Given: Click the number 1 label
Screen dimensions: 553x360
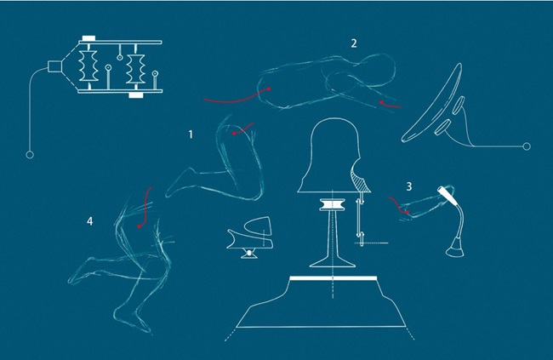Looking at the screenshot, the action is [191, 134].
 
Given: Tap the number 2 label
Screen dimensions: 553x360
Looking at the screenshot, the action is [354, 43].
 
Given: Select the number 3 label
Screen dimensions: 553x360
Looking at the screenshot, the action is [409, 186].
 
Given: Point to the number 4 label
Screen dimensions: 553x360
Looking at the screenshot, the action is [90, 221].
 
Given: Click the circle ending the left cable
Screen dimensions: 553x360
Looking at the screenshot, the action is [30, 155].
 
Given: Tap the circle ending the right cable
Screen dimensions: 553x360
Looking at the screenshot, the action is [527, 146].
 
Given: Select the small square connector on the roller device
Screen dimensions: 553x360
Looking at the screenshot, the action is [54, 66].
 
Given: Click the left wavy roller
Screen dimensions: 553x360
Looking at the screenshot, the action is [88, 66].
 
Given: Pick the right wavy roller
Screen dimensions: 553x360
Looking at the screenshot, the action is [135, 69].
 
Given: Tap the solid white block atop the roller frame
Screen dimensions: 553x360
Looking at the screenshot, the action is [88, 38].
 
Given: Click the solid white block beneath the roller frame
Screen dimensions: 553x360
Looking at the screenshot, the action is [136, 95].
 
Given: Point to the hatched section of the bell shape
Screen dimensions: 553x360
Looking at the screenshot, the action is [360, 180].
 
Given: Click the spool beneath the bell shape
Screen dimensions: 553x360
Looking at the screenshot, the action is [333, 205].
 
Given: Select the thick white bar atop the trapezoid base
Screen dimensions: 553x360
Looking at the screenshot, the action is [333, 278].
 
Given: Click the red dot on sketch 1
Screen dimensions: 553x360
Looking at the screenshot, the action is [234, 134].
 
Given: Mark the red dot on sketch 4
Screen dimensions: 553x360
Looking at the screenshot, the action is [140, 226].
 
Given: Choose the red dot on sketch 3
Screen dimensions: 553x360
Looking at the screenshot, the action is [408, 212].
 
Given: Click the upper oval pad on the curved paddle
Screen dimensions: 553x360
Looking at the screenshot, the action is [459, 106].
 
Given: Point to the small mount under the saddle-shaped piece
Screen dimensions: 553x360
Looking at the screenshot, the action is [249, 253].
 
